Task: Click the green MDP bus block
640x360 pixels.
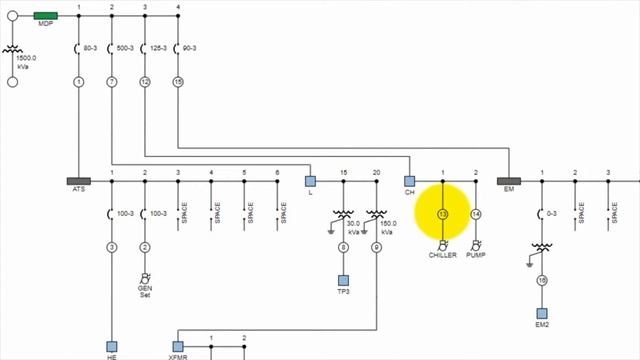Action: point(45,17)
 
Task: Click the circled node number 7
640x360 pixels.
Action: point(112,81)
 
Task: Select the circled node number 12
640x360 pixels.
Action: point(145,81)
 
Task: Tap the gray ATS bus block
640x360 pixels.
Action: point(79,182)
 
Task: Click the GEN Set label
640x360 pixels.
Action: point(145,290)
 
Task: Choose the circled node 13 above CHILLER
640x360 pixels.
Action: point(443,214)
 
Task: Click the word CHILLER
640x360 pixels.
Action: point(443,256)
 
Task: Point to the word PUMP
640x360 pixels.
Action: point(476,256)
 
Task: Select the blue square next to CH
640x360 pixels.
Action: point(409,181)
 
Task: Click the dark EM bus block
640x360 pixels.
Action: point(509,182)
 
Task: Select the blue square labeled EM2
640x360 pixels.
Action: point(542,313)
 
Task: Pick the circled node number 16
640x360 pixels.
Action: point(542,281)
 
